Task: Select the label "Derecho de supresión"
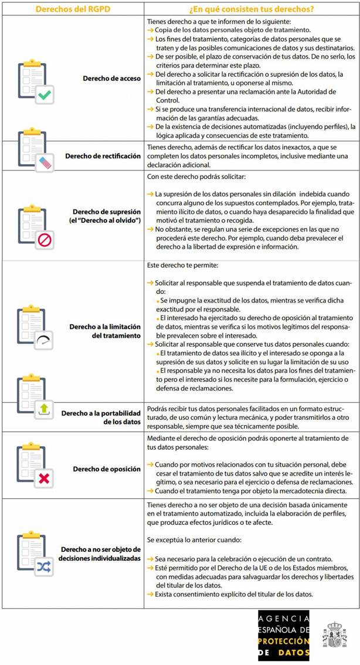(x=107, y=211)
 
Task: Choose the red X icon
(x=44, y=479)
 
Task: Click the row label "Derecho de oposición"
(x=107, y=469)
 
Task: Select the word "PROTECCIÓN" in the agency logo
(x=283, y=641)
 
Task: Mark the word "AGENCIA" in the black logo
(x=283, y=619)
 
